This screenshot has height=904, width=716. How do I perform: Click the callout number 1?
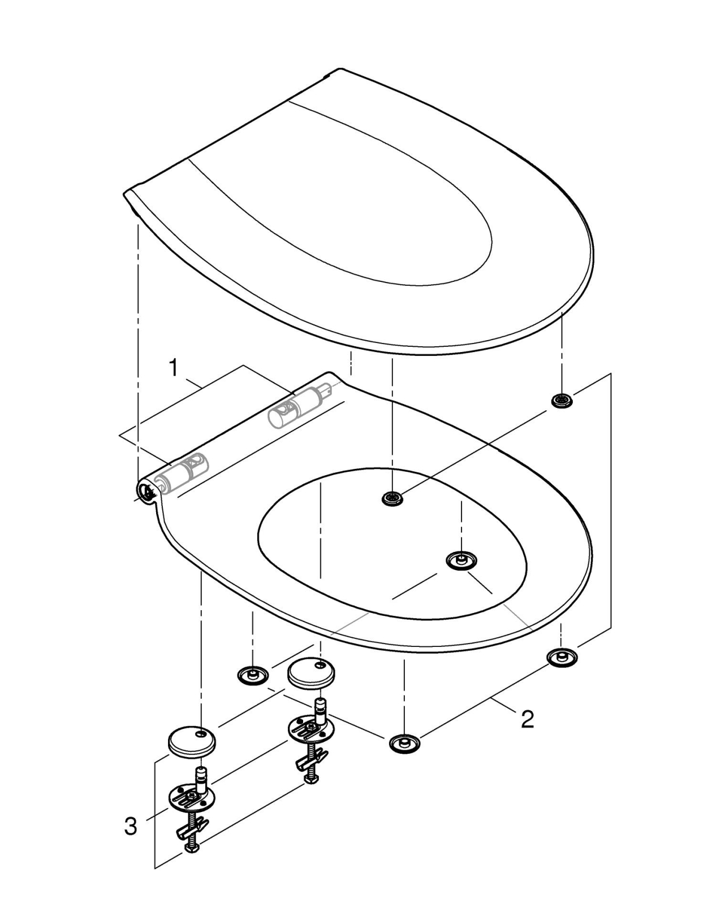[x=173, y=368]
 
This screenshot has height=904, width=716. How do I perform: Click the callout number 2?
[x=527, y=720]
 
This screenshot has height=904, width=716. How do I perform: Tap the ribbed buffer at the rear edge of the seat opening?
[x=392, y=498]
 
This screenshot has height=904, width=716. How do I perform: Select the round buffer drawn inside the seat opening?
[x=461, y=560]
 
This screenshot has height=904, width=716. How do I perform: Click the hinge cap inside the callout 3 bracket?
[x=192, y=741]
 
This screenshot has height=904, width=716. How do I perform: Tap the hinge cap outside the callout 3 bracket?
[x=311, y=673]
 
